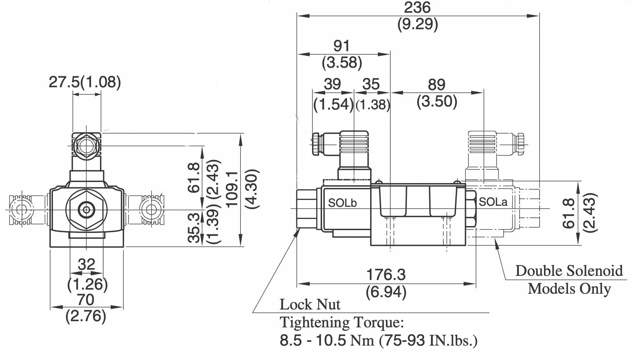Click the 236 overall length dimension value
(x=417, y=8)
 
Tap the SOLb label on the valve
(x=342, y=203)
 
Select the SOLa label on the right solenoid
(x=493, y=202)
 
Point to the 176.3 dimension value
(x=386, y=275)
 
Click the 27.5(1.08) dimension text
(x=85, y=82)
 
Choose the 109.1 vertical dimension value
(x=233, y=189)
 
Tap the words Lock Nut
(x=310, y=304)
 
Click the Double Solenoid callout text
(x=569, y=271)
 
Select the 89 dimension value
(x=436, y=85)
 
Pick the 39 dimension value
(x=332, y=84)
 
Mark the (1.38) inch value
(x=373, y=105)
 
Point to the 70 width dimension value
(x=85, y=300)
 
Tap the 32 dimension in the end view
(x=86, y=264)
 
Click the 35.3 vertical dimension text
(x=194, y=227)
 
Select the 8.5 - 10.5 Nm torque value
(x=326, y=340)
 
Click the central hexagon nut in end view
(x=86, y=209)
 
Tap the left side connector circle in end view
(x=20, y=209)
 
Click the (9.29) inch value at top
(x=417, y=24)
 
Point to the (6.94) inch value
(x=386, y=292)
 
